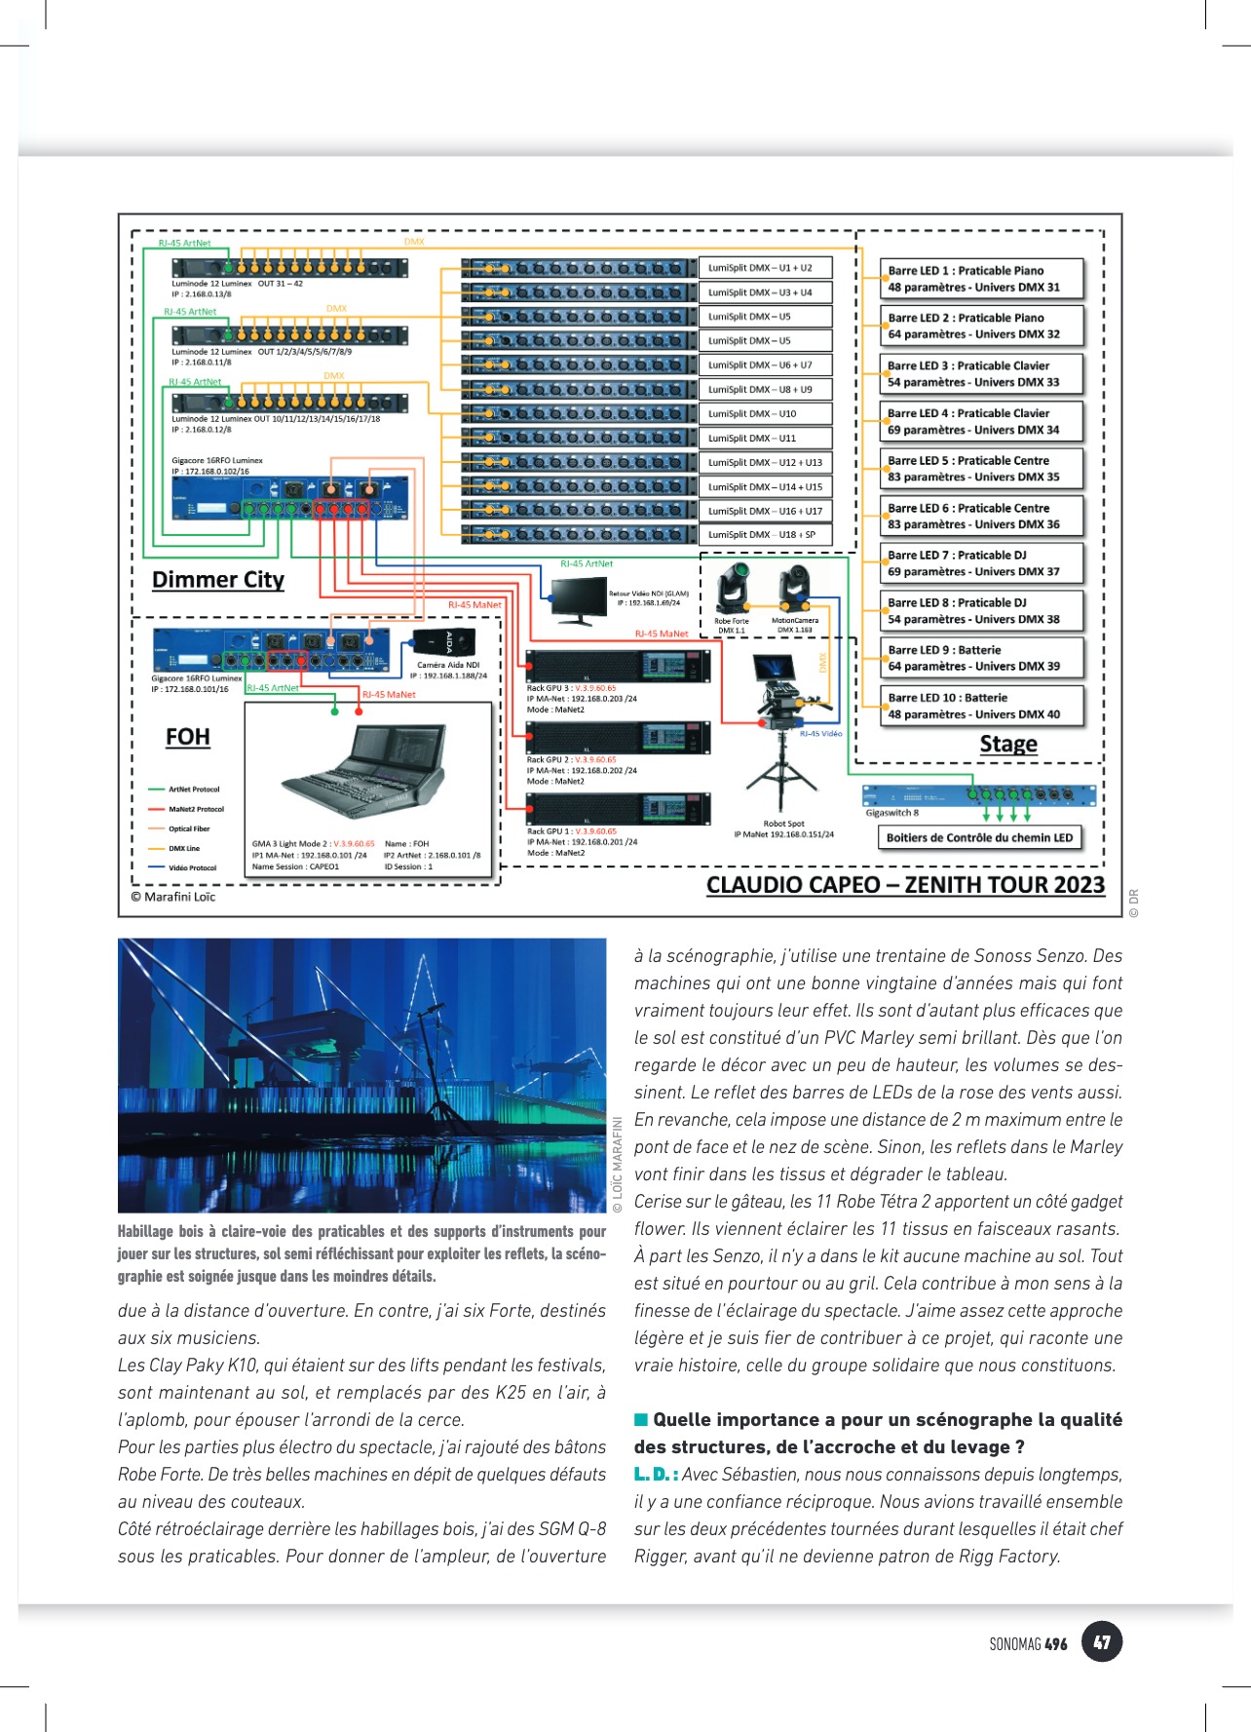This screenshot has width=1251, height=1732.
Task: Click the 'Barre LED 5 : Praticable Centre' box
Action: (982, 469)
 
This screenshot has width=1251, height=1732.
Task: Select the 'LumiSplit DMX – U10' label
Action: (765, 413)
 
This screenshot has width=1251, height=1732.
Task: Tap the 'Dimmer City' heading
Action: (218, 580)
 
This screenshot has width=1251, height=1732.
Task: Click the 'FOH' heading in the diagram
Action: (188, 737)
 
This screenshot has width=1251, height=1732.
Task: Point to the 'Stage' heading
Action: (1008, 745)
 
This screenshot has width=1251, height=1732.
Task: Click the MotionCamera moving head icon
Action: (795, 588)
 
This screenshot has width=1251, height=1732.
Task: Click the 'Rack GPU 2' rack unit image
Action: (618, 738)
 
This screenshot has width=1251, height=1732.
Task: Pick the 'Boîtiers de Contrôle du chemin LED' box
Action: (979, 837)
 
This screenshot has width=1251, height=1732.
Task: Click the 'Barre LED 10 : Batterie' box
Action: (982, 706)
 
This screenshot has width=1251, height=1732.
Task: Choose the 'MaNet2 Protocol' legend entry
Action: (195, 809)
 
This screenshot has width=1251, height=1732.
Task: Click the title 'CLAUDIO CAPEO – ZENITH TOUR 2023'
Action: (905, 885)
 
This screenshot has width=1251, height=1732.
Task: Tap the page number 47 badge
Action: (1102, 1642)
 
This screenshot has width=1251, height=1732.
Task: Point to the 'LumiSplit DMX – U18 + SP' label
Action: (765, 534)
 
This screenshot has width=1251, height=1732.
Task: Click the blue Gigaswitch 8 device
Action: (978, 795)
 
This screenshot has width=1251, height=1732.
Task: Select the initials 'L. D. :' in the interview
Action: (656, 1475)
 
